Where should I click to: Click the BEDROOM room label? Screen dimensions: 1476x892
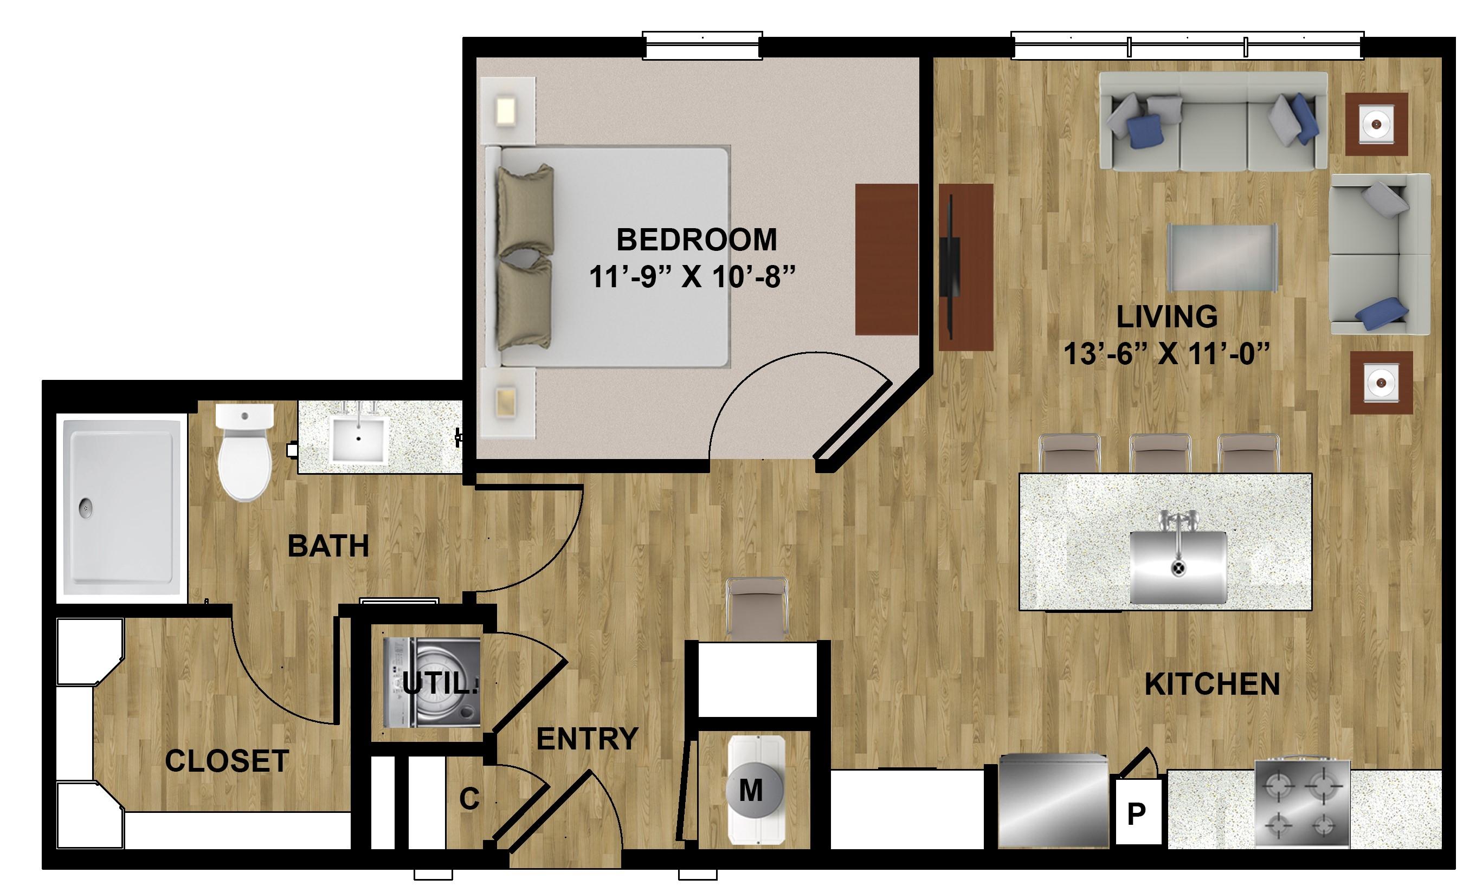[x=697, y=240]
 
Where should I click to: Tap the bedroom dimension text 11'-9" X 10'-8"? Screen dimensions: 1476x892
[x=693, y=277]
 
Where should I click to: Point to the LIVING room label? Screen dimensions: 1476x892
[x=1167, y=316]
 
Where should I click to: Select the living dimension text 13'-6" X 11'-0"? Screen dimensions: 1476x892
[x=1167, y=353]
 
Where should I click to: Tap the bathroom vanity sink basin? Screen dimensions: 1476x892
[x=358, y=439]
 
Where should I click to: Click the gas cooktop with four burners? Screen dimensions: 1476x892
[x=1303, y=803]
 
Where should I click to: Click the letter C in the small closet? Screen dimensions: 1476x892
[x=469, y=799]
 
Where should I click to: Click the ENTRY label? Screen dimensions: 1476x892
[x=587, y=739]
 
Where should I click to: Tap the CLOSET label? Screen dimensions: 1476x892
[x=227, y=761]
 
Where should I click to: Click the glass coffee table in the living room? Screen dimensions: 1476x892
[x=1222, y=258]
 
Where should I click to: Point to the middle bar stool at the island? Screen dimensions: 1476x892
[x=1160, y=454]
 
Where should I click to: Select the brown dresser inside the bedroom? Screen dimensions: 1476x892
[x=887, y=260]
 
